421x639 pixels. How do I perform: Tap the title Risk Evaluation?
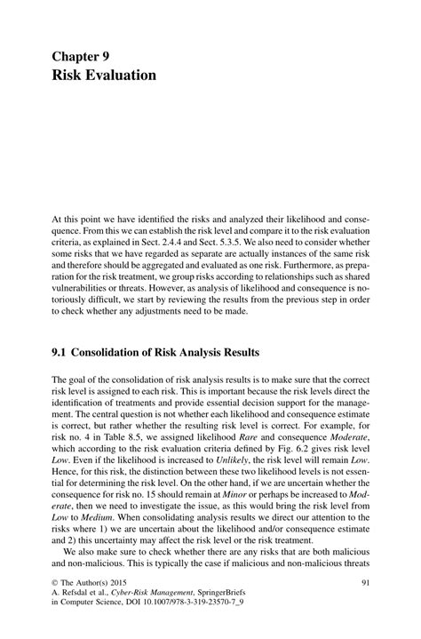[104, 75]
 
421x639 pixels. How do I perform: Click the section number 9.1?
[61, 350]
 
